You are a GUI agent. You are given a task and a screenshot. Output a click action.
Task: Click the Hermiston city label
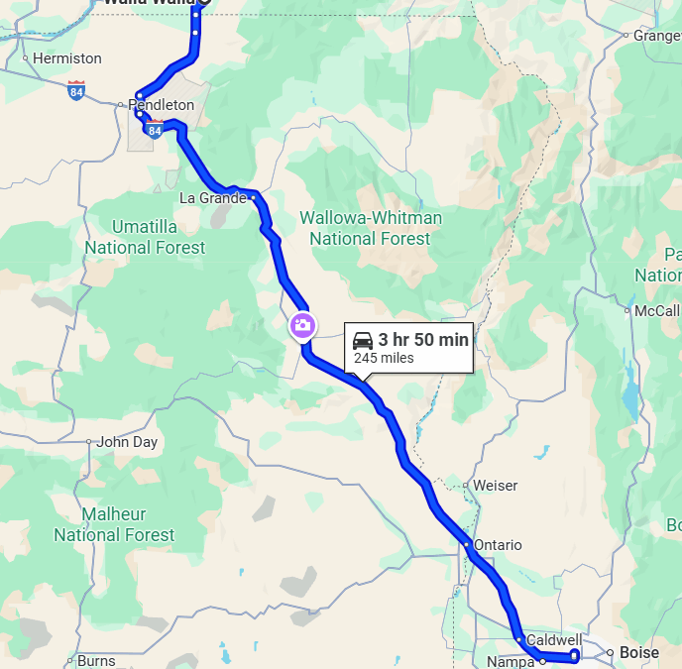coord(66,58)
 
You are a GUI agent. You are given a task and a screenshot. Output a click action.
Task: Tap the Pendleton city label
coord(161,104)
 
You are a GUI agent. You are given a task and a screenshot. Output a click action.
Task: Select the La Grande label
coord(212,198)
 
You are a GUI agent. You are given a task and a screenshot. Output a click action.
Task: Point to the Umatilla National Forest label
coord(145,237)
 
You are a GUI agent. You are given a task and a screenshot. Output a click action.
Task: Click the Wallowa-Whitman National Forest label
coord(370,228)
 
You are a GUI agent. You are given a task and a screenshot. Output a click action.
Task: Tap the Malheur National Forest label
coord(114,524)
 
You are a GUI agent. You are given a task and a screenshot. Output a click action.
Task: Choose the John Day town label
coord(128,442)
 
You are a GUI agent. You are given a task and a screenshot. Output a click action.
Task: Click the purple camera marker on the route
coord(302,325)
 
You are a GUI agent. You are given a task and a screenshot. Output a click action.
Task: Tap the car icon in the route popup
coord(363,341)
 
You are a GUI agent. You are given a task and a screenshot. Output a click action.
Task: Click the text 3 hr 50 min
coord(423,340)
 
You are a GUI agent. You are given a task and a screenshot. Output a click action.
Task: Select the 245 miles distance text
coord(384,358)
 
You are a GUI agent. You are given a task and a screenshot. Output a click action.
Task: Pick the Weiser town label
coord(495,486)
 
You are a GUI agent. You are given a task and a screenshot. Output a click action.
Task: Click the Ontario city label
coord(497,545)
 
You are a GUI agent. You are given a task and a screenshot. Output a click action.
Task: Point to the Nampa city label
coord(511,661)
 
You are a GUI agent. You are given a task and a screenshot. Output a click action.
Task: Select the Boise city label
coord(638,653)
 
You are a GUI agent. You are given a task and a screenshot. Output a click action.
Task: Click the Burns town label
coord(96,660)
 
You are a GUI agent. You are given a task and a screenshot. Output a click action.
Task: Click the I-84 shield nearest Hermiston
coord(76,90)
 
